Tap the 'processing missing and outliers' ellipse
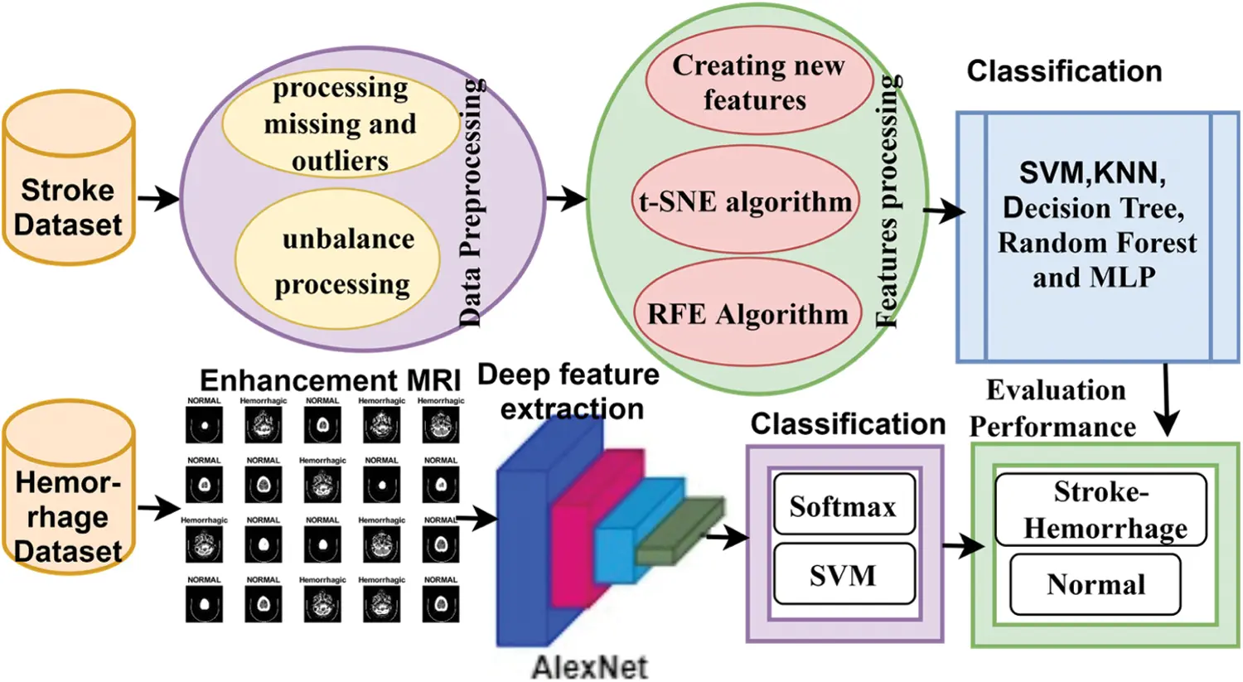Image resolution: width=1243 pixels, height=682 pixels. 340,124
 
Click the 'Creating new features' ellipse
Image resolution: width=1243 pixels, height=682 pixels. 757,82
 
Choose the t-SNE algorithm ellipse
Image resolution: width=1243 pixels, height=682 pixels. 745,201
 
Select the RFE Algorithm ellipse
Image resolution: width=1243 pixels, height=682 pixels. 747,314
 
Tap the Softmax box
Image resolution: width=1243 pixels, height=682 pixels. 843,505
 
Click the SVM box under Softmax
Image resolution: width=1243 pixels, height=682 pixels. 843,574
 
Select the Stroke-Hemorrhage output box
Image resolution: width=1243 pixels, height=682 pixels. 1100,509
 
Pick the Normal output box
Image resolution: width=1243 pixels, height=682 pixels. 1095,584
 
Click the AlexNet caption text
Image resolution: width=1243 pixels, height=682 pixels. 589,666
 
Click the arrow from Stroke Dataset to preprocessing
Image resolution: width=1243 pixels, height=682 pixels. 157,198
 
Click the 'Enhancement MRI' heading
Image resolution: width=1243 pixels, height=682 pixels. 330,380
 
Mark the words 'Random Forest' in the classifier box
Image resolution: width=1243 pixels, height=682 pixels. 1096,242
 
